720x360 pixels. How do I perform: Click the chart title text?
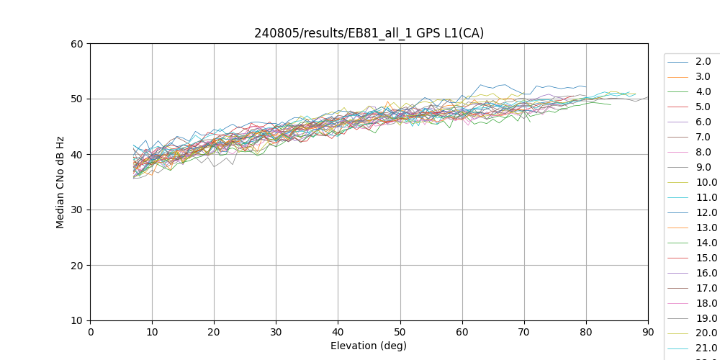coord(369,33)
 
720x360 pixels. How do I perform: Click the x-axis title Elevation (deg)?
coord(369,346)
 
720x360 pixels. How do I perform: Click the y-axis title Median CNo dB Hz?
coord(60,181)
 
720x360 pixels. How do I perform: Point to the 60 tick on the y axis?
coord(76,43)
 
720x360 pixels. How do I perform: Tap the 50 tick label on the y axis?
coord(76,99)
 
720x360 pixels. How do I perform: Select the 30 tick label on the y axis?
coord(76,210)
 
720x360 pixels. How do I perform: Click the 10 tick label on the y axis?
coord(76,320)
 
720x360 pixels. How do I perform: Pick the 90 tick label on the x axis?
coord(648,332)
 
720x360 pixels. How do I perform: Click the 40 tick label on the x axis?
coord(338,332)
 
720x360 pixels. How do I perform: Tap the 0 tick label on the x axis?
coord(90,332)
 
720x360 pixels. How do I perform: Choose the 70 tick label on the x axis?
coord(524,332)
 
